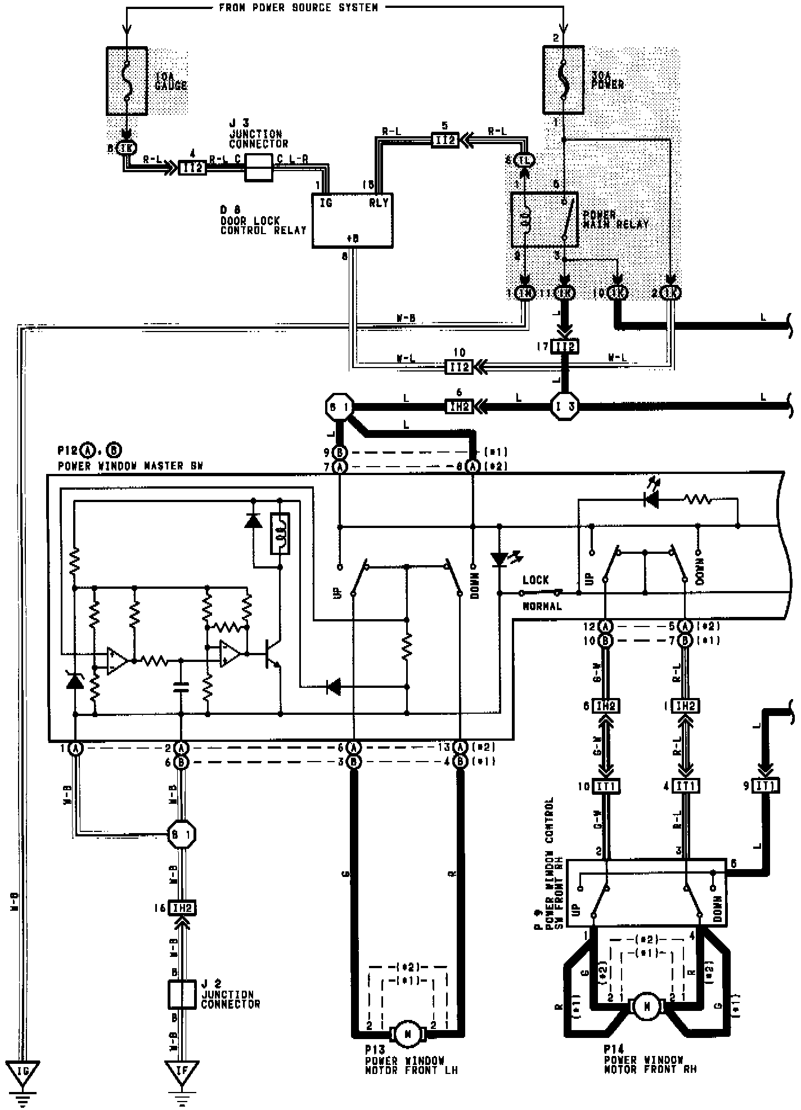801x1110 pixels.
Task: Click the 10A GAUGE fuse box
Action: [127, 81]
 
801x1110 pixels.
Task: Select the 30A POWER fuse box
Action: [564, 80]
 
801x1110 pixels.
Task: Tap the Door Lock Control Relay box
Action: [352, 220]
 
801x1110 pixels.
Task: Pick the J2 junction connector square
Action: [182, 995]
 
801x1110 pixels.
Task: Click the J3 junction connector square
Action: [259, 168]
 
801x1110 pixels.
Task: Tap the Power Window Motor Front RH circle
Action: [647, 1007]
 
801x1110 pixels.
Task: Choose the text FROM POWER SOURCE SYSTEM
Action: [298, 8]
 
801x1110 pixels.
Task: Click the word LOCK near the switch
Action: [535, 580]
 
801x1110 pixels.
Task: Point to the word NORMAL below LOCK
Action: [542, 607]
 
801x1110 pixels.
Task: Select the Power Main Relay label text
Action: [615, 220]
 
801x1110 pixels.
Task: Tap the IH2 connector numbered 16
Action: [182, 907]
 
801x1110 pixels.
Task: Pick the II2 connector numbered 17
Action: [564, 347]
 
